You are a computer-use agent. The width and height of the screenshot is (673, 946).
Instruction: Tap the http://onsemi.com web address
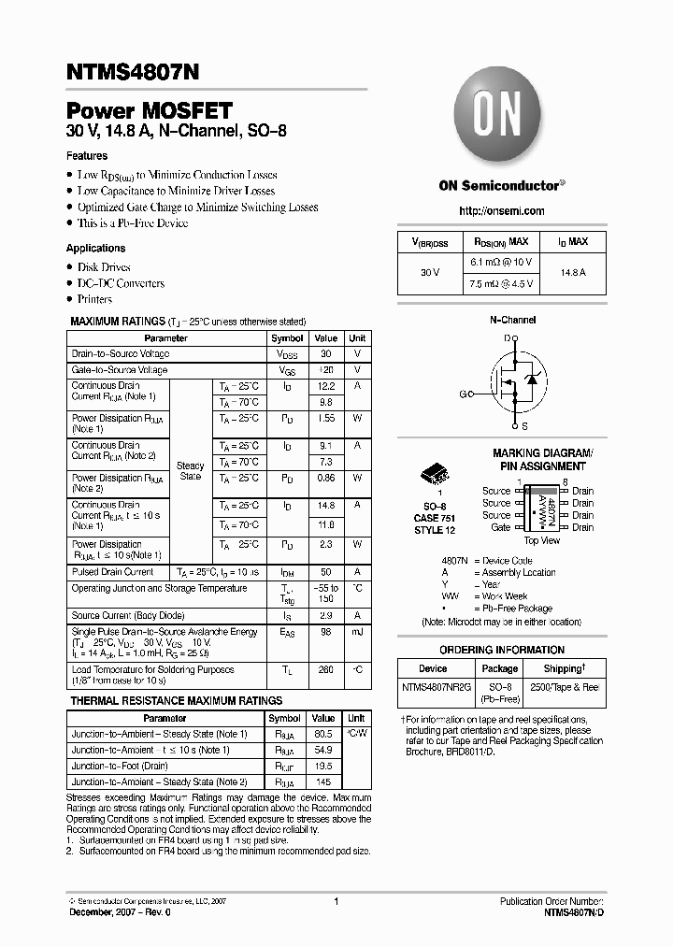502,211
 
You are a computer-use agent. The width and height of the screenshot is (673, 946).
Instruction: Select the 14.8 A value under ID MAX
573,273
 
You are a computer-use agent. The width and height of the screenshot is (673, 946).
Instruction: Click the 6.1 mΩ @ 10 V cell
500,263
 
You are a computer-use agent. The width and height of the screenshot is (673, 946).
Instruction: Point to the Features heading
87,156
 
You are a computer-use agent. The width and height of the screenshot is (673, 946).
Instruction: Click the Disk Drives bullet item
104,267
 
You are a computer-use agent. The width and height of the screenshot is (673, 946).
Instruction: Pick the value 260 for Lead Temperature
325,670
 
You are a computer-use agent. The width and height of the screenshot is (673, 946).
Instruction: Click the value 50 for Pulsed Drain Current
325,572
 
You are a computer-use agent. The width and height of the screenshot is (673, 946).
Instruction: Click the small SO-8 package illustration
434,474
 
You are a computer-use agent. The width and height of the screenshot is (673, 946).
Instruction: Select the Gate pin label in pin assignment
501,527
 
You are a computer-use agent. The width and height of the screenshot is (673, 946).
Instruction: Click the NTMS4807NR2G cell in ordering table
433,687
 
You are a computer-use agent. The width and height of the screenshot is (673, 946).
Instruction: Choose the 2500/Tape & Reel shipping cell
564,687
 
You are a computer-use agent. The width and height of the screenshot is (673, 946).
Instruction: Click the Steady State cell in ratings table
190,471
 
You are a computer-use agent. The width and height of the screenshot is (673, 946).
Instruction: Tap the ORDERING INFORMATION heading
502,650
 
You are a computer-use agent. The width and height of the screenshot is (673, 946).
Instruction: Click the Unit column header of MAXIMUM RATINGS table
357,338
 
